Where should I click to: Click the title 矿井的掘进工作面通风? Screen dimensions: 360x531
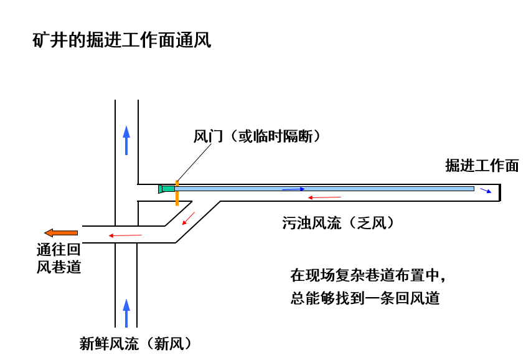[x=122, y=41]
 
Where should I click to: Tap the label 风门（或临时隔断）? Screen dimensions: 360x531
[x=256, y=136]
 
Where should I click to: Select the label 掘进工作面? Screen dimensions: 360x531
[x=481, y=165]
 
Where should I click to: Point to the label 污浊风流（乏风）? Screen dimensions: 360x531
[x=338, y=223]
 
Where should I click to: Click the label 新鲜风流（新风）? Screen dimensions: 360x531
[x=135, y=343]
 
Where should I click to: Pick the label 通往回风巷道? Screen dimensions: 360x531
[x=59, y=258]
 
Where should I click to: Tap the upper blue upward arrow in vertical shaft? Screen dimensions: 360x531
[x=126, y=140]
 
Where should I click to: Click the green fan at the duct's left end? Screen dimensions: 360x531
[x=166, y=188]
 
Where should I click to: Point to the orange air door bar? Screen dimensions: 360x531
[x=177, y=194]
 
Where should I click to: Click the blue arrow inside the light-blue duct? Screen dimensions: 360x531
[x=293, y=188]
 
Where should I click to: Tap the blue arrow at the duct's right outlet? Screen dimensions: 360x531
[x=486, y=191]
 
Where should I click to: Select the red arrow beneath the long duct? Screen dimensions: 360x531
[x=324, y=197]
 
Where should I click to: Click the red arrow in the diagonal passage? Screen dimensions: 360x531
[x=187, y=219]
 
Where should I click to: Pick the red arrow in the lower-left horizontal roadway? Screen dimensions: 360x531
[x=125, y=235]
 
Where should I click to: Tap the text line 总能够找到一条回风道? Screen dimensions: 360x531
[x=365, y=298]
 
